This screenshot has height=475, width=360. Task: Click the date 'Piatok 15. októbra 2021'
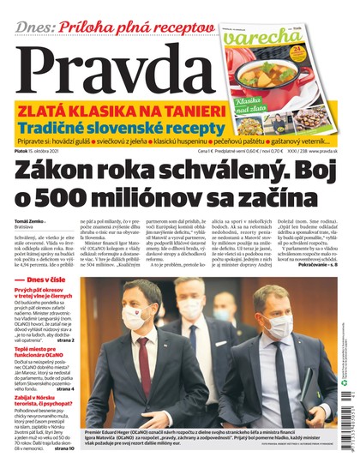click(x=38, y=151)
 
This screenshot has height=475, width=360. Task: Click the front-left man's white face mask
click(x=135, y=320)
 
